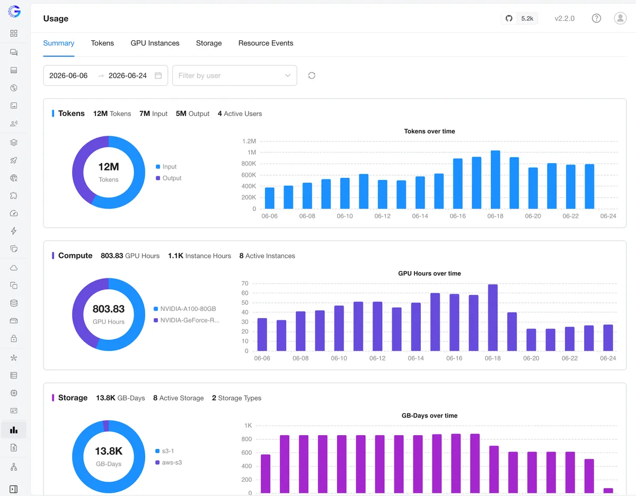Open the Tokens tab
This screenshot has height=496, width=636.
[102, 43]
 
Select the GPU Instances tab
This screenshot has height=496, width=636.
[155, 43]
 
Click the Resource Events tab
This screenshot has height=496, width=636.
[266, 43]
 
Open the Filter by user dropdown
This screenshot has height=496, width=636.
[234, 75]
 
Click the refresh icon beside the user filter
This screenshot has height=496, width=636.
[312, 75]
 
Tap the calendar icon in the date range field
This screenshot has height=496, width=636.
[158, 75]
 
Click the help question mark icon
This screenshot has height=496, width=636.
[596, 19]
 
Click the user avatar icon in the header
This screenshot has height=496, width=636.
[620, 19]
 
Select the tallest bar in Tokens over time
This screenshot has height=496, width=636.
[495, 179]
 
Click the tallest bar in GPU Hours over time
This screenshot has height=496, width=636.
[492, 318]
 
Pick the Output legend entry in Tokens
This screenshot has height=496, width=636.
[169, 178]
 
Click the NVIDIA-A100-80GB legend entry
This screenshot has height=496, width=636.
[184, 309]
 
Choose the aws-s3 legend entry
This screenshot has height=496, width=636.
[169, 463]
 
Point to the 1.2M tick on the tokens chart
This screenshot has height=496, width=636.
[249, 141]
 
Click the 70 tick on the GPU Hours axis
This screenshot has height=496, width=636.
[245, 283]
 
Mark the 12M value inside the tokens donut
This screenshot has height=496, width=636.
[109, 167]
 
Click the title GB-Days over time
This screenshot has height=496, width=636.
[429, 416]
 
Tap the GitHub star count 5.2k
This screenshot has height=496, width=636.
[527, 19]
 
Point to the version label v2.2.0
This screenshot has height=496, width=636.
[564, 19]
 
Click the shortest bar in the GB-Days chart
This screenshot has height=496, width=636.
[608, 491]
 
